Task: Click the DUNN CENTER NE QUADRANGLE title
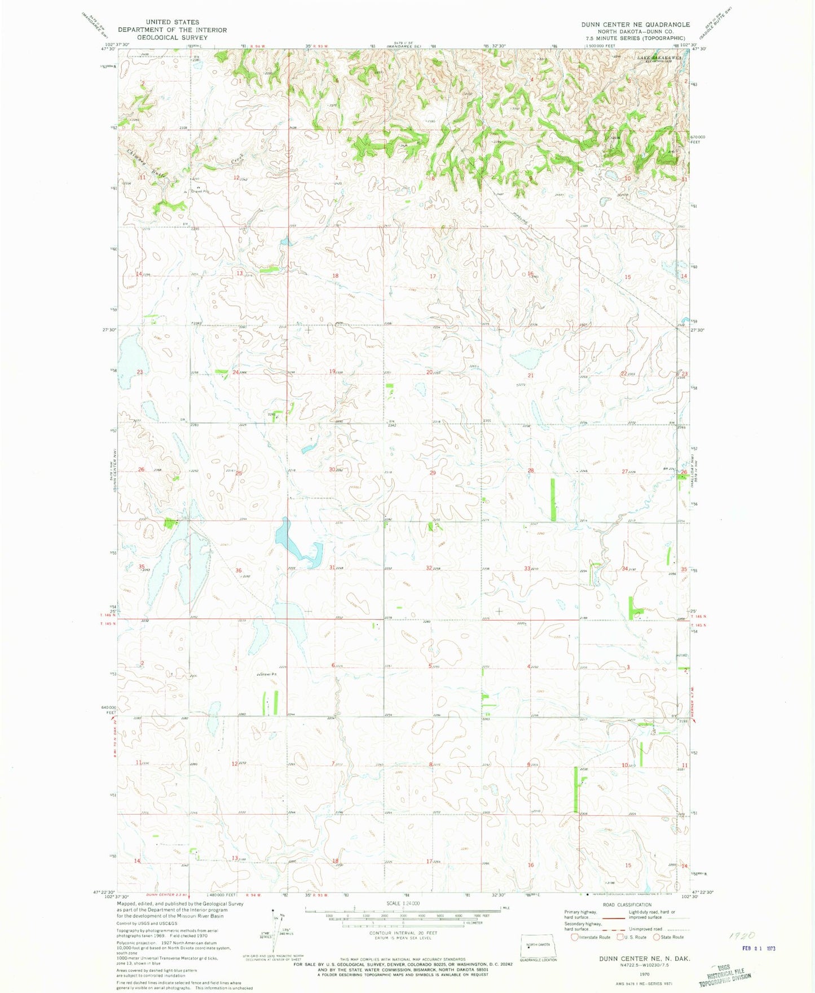(636, 25)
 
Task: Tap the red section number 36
(239, 571)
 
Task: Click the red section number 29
(433, 473)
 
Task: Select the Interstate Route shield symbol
(575, 937)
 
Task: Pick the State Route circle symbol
(657, 937)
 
